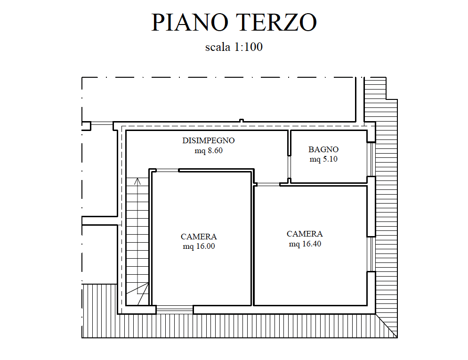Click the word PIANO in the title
click(x=190, y=22)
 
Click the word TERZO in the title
click(x=276, y=22)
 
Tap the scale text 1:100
click(x=248, y=47)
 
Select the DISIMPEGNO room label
click(x=208, y=140)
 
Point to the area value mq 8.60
click(x=208, y=151)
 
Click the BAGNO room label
click(x=323, y=149)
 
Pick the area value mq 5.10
click(x=323, y=159)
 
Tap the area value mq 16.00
click(x=199, y=246)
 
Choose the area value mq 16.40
click(x=305, y=244)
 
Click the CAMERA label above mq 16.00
click(x=199, y=237)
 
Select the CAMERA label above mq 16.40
click(x=305, y=234)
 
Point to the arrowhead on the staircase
click(x=137, y=181)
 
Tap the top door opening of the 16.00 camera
click(x=168, y=171)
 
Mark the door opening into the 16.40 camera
click(x=268, y=184)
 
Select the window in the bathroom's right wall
click(x=371, y=159)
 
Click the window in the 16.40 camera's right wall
click(x=371, y=254)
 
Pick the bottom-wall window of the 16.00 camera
click(x=175, y=310)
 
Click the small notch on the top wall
click(x=242, y=121)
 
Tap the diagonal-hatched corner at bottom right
click(x=387, y=326)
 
